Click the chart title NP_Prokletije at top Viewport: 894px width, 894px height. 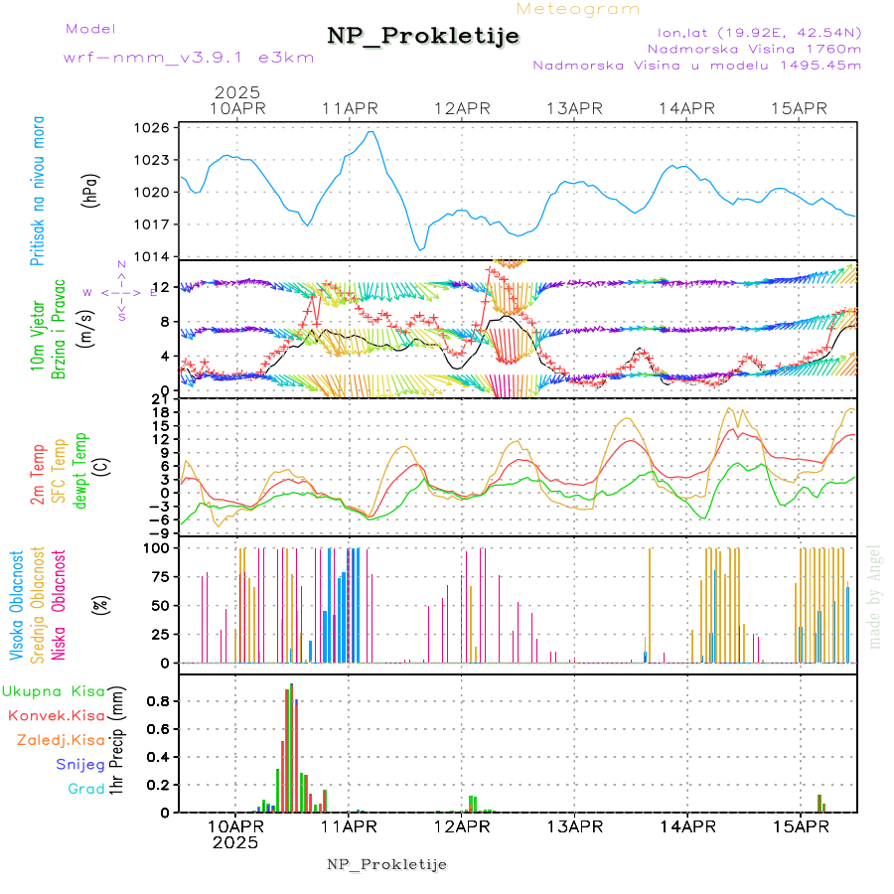pyautogui.click(x=423, y=37)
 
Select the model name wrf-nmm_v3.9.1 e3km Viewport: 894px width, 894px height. pyautogui.click(x=188, y=58)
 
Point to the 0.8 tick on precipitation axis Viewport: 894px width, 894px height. pyautogui.click(x=159, y=701)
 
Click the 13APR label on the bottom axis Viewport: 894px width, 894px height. pyautogui.click(x=573, y=826)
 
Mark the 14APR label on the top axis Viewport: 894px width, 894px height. pyautogui.click(x=686, y=107)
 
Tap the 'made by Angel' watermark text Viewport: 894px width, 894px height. pyautogui.click(x=875, y=596)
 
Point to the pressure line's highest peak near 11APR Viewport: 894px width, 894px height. pyautogui.click(x=371, y=131)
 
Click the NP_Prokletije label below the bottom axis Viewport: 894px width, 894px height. pyautogui.click(x=386, y=864)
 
